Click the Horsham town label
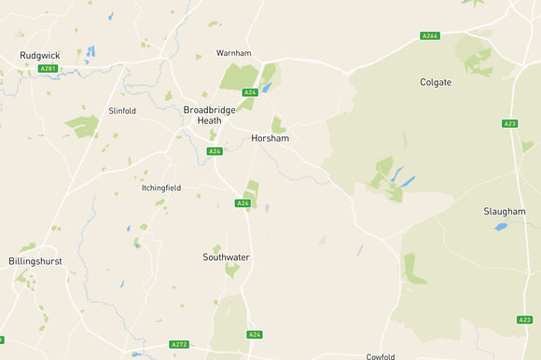[x=270, y=139]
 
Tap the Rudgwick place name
[x=39, y=56]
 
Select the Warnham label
[x=234, y=53]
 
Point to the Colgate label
[x=436, y=82]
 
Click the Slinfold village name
[x=122, y=111]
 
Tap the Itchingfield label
[x=161, y=187]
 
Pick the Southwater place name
[x=226, y=256]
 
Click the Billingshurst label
[x=35, y=261]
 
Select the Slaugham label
[x=505, y=212]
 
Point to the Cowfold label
[x=381, y=356]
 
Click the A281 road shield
[x=48, y=68]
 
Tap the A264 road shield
[x=430, y=36]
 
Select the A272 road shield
[x=179, y=345]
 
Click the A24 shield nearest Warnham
[x=249, y=92]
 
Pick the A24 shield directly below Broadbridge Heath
[x=215, y=151]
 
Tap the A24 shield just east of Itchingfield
[x=243, y=202]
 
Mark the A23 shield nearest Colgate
[x=509, y=123]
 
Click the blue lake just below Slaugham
[x=501, y=227]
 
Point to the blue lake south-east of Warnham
[x=267, y=89]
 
